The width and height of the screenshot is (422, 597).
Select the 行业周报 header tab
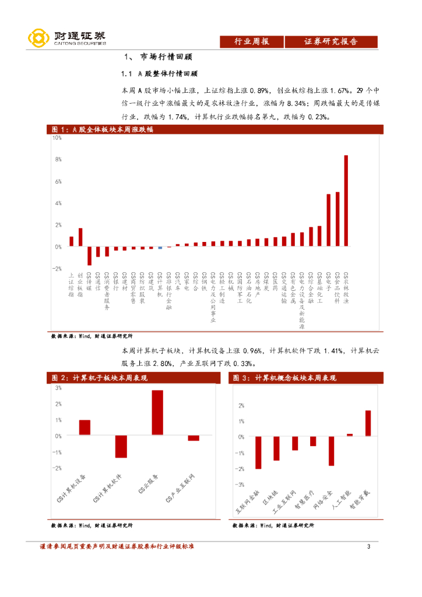(251, 41)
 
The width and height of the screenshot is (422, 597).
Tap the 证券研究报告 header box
(330, 41)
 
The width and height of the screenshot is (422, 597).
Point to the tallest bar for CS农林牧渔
(346, 201)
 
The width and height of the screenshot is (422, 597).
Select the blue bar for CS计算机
(160, 248)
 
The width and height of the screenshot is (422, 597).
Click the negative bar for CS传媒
(89, 256)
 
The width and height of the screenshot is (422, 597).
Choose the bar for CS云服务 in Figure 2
(157, 412)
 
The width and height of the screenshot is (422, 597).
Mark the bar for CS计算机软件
(121, 447)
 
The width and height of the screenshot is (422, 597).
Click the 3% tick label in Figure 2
(58, 388)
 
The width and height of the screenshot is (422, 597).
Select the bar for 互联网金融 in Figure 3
(258, 452)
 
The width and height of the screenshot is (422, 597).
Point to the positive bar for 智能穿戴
(368, 423)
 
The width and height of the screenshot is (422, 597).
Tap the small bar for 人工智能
(350, 434)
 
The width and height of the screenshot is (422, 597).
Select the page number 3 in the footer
(368, 546)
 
